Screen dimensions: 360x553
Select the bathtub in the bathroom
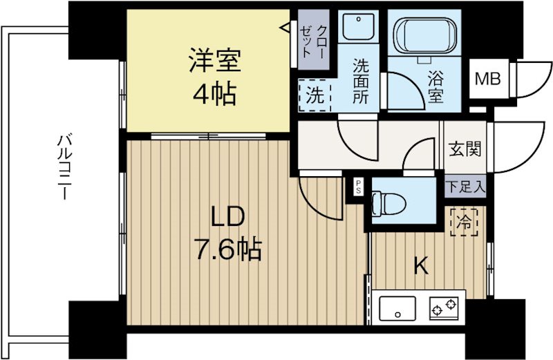pos(423,39)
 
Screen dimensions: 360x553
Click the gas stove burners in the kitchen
pos(445,306)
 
